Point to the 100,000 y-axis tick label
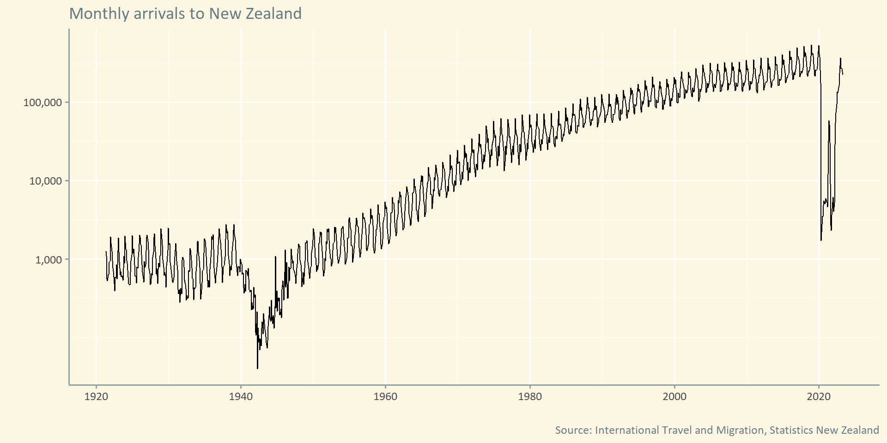pyautogui.click(x=43, y=102)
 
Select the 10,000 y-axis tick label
pyautogui.click(x=45, y=181)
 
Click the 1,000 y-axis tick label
pyautogui.click(x=48, y=260)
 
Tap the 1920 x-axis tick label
pyautogui.click(x=96, y=396)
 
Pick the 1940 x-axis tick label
pyautogui.click(x=241, y=396)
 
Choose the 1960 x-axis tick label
pyautogui.click(x=385, y=396)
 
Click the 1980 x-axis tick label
pyautogui.click(x=530, y=396)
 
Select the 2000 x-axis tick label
pyautogui.click(x=674, y=396)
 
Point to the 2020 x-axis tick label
pyautogui.click(x=819, y=396)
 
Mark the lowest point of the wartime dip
pyautogui.click(x=257, y=368)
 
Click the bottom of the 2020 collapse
pyautogui.click(x=821, y=240)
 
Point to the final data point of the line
pyautogui.click(x=843, y=74)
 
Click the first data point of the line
pyautogui.click(x=106, y=252)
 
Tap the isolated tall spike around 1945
pyautogui.click(x=275, y=257)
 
